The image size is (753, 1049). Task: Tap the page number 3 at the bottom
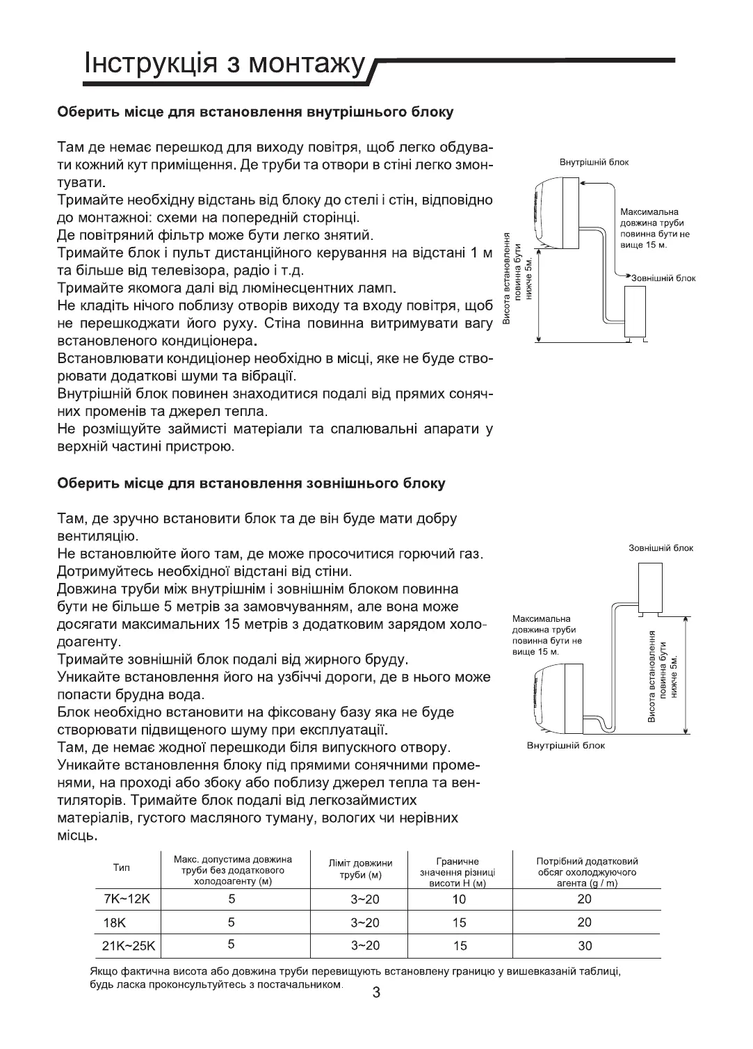pyautogui.click(x=376, y=993)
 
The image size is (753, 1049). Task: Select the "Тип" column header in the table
pyautogui.click(x=122, y=868)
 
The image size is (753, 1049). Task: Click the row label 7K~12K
pyautogui.click(x=127, y=899)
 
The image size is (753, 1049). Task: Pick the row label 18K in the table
pyautogui.click(x=113, y=922)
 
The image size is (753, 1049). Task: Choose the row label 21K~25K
pyautogui.click(x=130, y=946)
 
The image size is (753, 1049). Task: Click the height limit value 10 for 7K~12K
pyautogui.click(x=459, y=899)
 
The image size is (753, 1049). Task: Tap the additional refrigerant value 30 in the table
pyautogui.click(x=585, y=946)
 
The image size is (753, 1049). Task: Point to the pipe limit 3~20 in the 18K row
pyautogui.click(x=365, y=922)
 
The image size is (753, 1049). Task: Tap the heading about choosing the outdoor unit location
pyautogui.click(x=251, y=483)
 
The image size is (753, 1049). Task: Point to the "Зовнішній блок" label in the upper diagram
pyautogui.click(x=663, y=278)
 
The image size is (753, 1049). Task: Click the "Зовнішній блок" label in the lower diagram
pyautogui.click(x=661, y=548)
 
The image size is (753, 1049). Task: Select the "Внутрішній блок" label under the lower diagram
pyautogui.click(x=565, y=746)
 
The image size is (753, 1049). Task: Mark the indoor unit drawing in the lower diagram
pyautogui.click(x=560, y=697)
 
